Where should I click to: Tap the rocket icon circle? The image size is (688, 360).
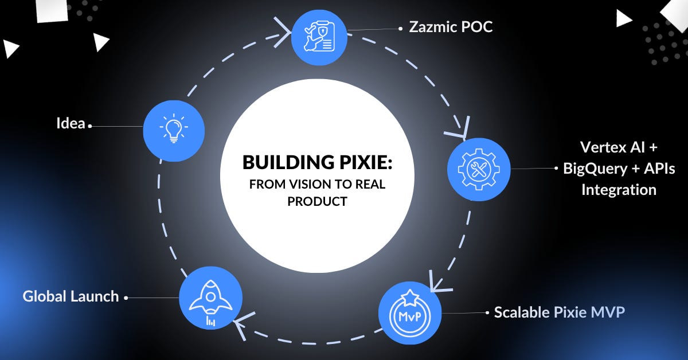[x=210, y=298]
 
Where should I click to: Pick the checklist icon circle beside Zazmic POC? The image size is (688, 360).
[x=318, y=35]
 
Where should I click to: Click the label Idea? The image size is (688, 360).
[x=71, y=123]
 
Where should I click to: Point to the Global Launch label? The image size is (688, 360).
[x=71, y=296]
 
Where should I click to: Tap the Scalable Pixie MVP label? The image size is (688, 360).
[x=559, y=312]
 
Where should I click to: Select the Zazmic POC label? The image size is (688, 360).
[x=450, y=27]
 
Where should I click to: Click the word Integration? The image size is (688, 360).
[x=619, y=190]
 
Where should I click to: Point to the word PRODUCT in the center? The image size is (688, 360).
[x=317, y=201]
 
